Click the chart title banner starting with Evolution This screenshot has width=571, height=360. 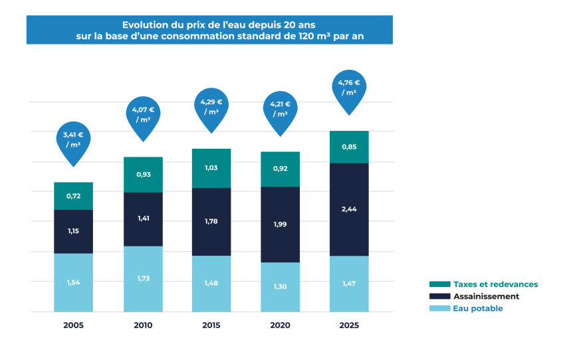tap(209, 30)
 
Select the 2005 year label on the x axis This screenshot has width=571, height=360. tap(73, 325)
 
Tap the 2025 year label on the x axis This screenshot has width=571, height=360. tap(349, 325)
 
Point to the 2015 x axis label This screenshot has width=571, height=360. tap(211, 325)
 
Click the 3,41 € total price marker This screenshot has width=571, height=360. tap(73, 140)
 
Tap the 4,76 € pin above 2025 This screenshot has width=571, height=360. tap(349, 88)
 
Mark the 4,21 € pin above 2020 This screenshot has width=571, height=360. tap(281, 110)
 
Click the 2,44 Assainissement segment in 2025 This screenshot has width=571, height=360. tap(349, 209)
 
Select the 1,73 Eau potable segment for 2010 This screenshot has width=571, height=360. tap(142, 278)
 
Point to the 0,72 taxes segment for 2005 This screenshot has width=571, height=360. tap(73, 196)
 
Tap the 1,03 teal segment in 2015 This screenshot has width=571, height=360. tap(211, 168)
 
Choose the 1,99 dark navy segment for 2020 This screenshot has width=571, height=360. tap(281, 225)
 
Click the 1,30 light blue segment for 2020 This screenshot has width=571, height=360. tap(281, 287)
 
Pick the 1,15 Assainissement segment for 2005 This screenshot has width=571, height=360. tap(73, 231)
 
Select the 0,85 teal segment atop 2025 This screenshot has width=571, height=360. tap(349, 147)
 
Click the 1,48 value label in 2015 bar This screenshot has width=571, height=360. tap(211, 283)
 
